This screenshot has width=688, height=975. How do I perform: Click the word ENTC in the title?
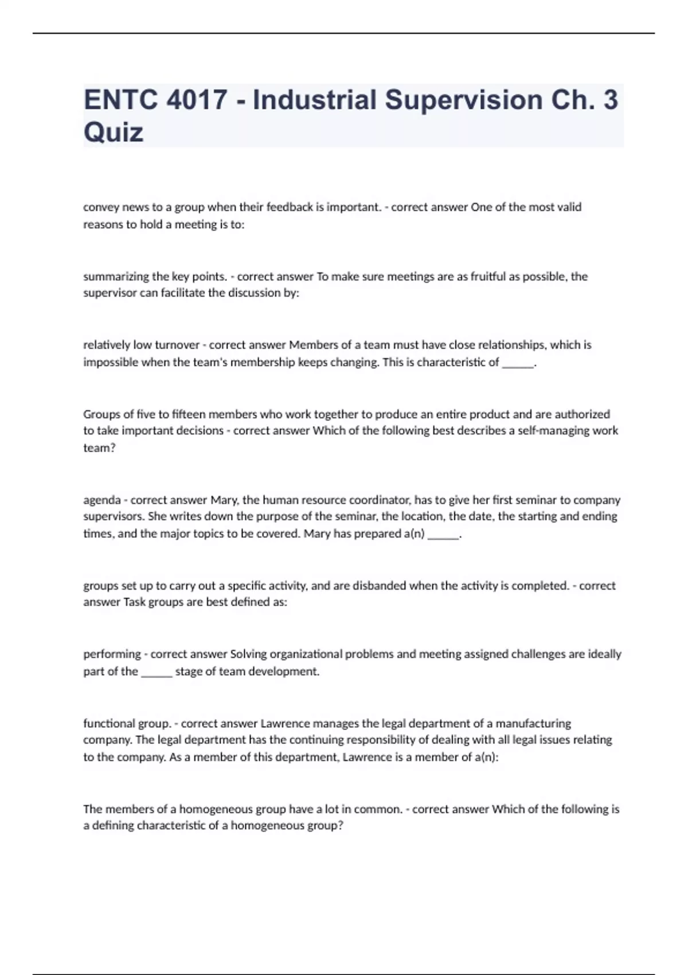(121, 100)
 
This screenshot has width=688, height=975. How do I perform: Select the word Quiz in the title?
(114, 132)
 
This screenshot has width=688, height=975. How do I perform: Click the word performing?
(112, 654)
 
